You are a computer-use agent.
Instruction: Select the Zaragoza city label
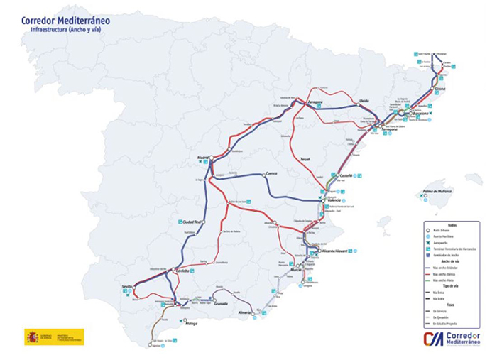click(x=316, y=102)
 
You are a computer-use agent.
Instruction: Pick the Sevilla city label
click(x=128, y=286)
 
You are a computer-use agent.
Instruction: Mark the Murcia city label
click(x=296, y=270)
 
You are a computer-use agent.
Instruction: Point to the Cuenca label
click(x=271, y=173)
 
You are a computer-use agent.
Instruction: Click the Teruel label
click(x=305, y=160)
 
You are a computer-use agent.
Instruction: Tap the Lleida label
click(x=364, y=101)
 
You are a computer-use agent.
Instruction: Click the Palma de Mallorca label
click(x=437, y=191)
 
